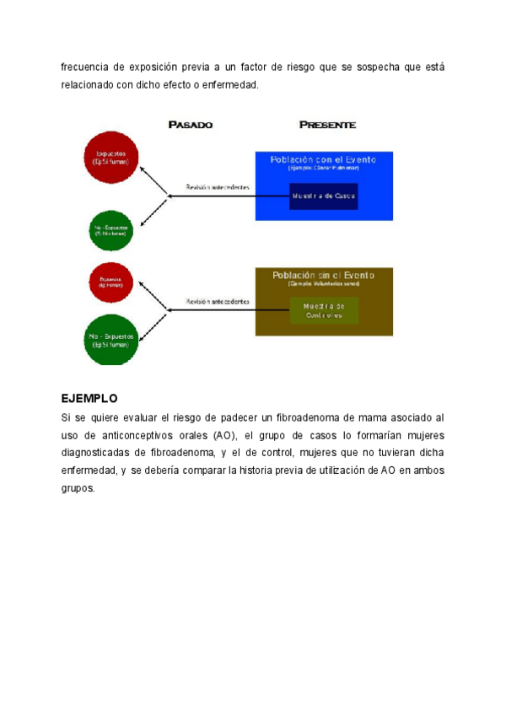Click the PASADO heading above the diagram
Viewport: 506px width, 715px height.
(190, 125)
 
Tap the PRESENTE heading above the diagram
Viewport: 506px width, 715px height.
(328, 125)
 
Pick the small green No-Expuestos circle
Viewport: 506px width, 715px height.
(111, 229)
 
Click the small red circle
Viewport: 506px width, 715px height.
(110, 283)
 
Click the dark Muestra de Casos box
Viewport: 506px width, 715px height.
(323, 196)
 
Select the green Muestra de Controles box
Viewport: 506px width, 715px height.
(323, 309)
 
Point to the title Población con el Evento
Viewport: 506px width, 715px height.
(323, 159)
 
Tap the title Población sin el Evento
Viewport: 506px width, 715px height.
(323, 275)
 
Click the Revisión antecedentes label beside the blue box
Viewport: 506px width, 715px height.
(218, 187)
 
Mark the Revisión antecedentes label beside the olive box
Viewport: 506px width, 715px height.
(218, 301)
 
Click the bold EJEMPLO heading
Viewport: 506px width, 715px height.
(89, 398)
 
